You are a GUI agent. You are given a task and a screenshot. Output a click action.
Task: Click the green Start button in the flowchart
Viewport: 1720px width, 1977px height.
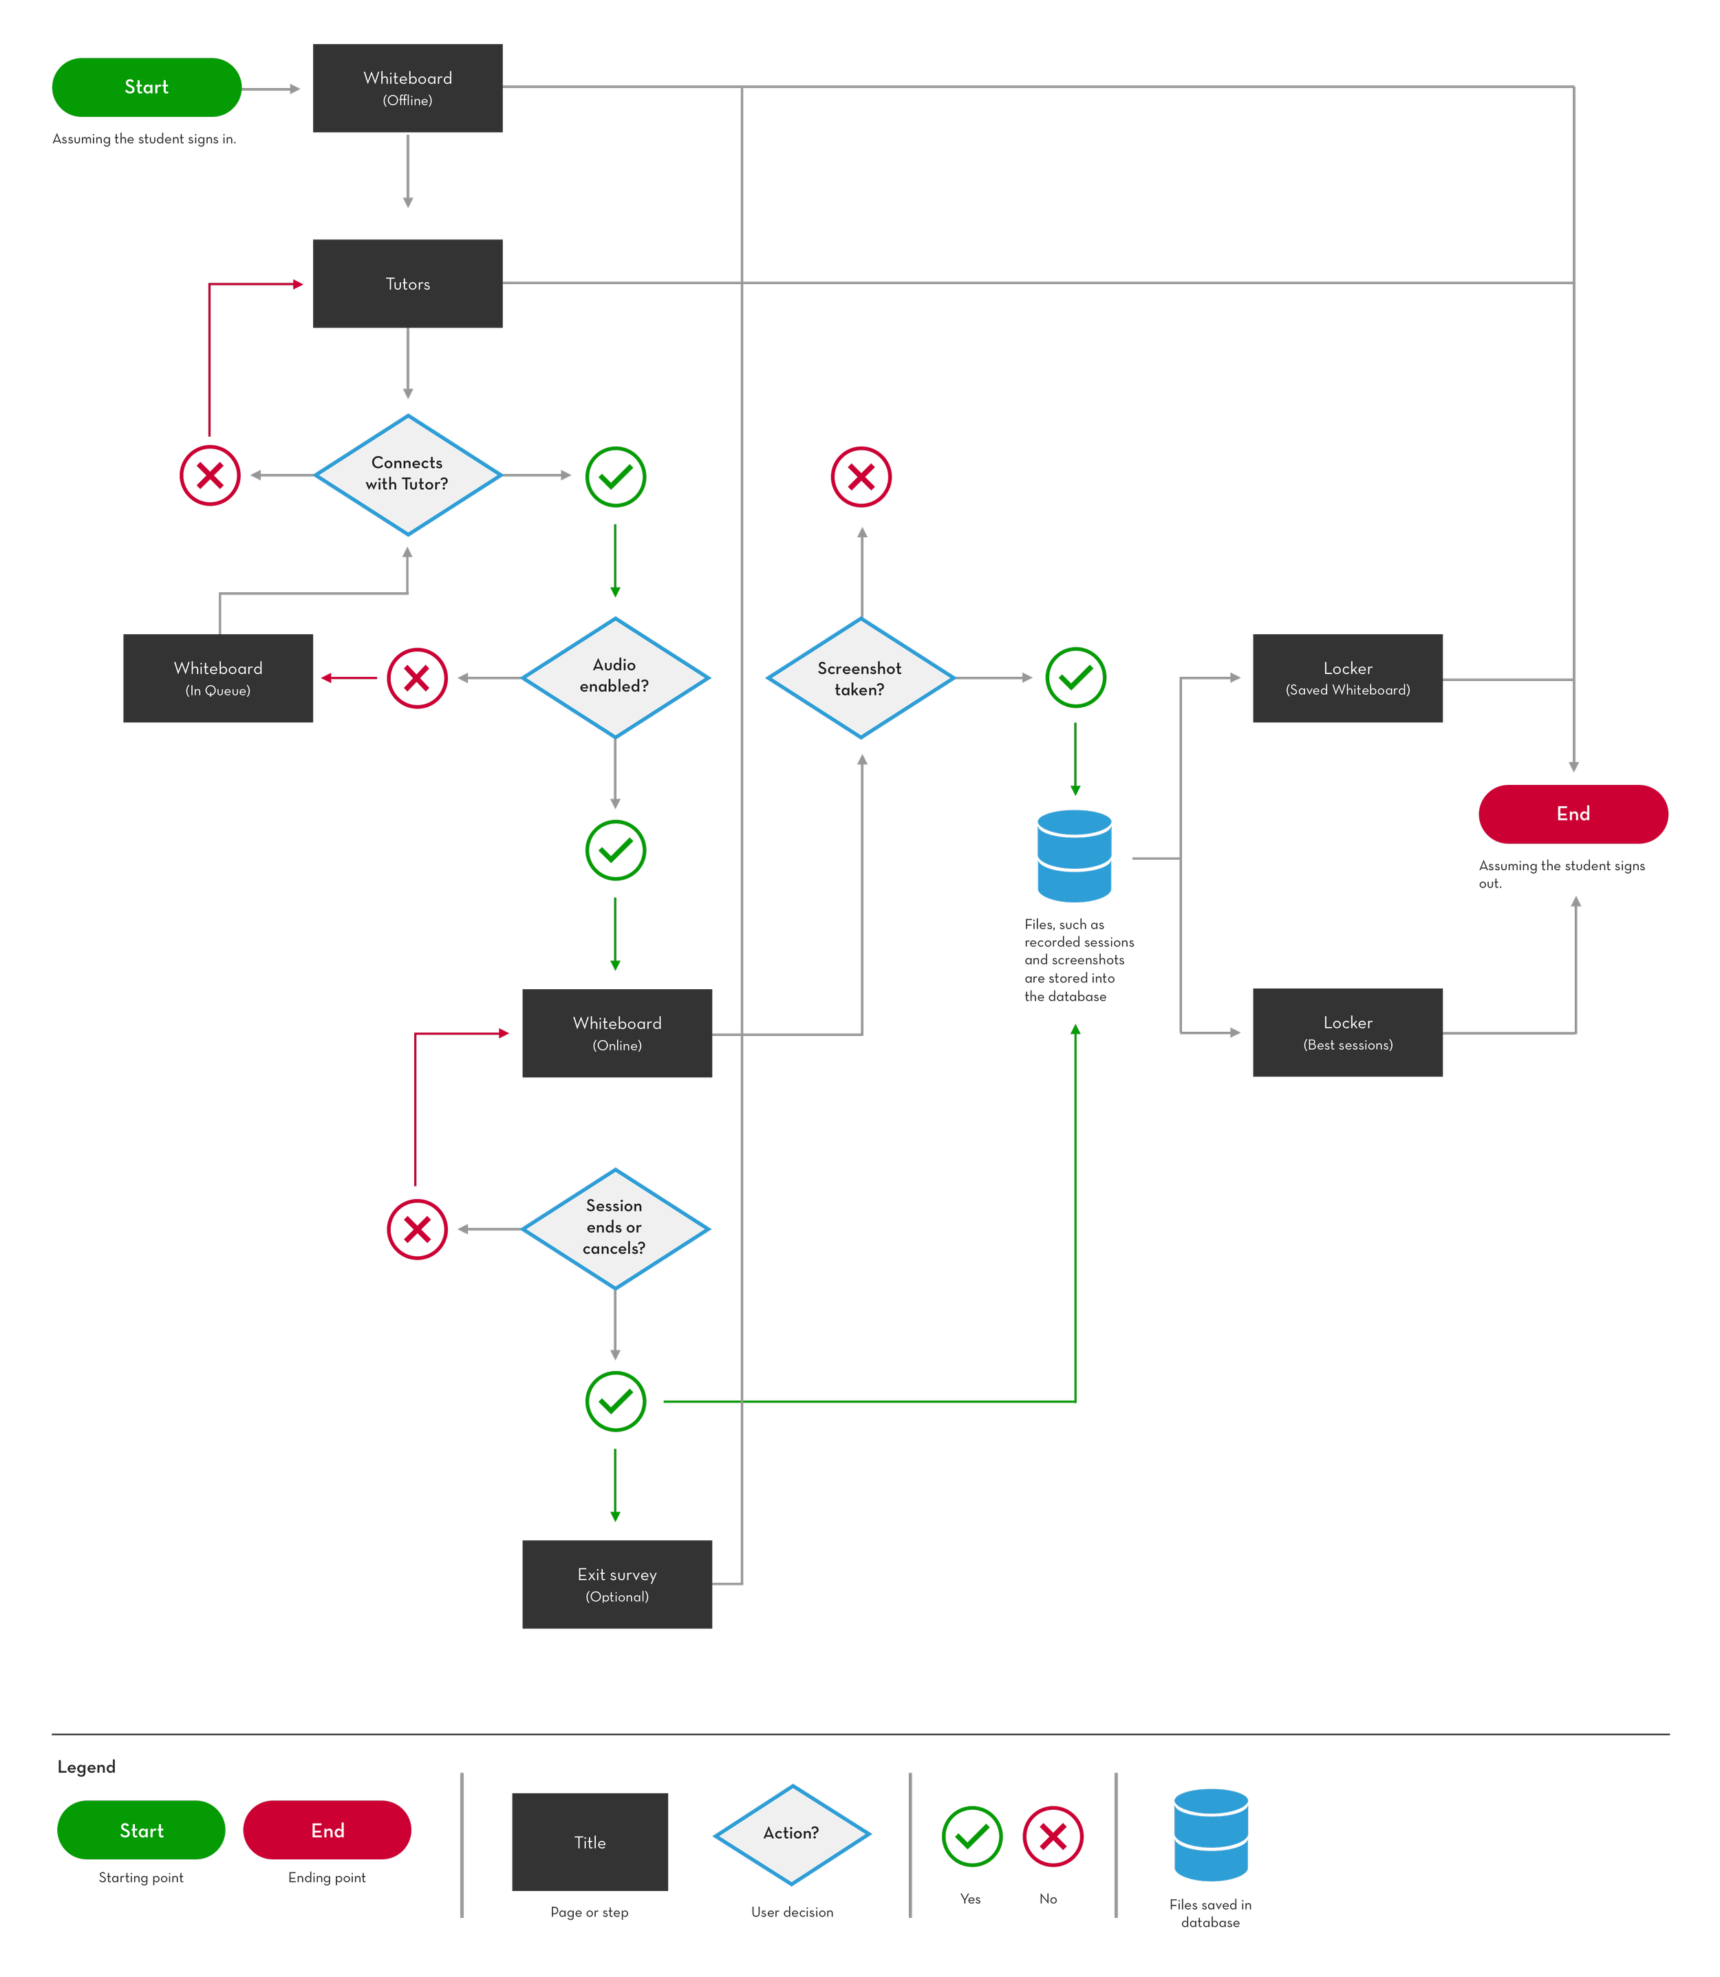[146, 87]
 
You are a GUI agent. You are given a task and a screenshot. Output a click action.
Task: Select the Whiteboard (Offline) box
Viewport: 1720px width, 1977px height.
[408, 88]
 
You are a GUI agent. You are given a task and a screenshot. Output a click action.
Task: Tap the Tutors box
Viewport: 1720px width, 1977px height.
[408, 283]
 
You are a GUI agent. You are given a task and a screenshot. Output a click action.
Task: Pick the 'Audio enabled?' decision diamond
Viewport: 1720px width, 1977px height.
[615, 678]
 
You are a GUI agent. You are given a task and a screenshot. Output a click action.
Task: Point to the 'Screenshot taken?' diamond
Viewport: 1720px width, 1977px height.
[861, 678]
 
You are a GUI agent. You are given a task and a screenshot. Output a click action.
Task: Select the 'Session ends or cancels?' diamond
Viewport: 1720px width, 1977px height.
[615, 1229]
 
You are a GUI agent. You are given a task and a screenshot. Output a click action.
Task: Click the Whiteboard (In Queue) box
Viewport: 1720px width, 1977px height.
[218, 678]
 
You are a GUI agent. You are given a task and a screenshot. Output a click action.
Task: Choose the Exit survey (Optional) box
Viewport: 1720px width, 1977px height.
[617, 1584]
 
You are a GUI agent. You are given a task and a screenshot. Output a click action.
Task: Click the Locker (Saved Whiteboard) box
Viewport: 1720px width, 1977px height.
[1348, 678]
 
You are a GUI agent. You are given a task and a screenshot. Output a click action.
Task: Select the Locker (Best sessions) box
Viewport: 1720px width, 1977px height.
[1348, 1033]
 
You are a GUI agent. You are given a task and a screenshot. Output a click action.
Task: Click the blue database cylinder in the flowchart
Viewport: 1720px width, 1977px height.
[1074, 856]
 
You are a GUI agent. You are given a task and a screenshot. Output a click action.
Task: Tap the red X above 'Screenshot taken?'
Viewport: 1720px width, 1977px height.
[861, 476]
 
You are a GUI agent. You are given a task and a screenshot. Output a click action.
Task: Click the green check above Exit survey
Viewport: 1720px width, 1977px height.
[615, 1401]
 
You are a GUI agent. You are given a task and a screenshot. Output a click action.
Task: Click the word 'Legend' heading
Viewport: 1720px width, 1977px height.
[87, 1767]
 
